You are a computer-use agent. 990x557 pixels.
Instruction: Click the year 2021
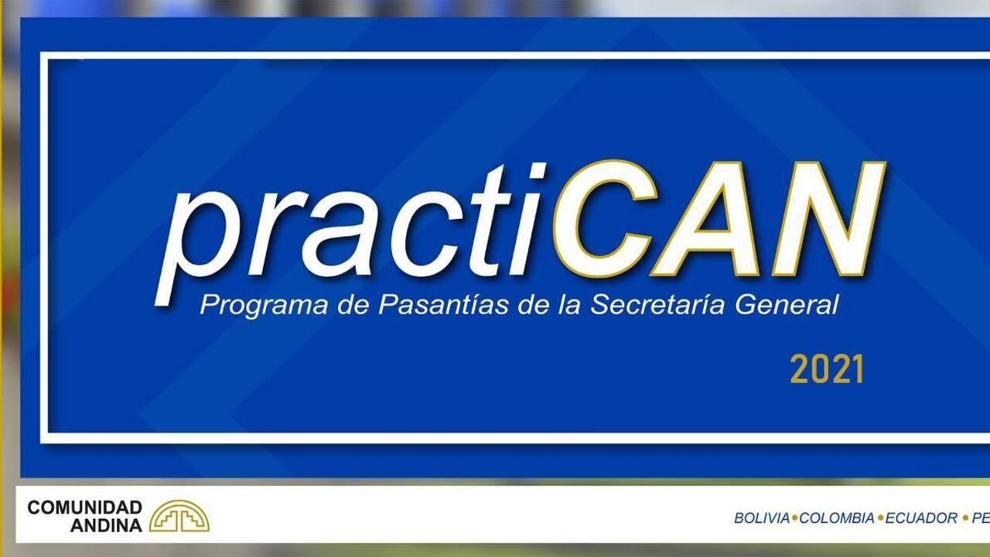[826, 371]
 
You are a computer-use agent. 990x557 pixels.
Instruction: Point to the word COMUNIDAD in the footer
[85, 507]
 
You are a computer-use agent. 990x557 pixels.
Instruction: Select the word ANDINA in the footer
[107, 525]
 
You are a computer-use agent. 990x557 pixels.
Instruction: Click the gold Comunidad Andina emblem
[179, 516]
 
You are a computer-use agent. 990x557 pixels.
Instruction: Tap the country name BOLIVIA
[761, 518]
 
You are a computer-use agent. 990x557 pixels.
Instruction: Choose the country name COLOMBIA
[837, 518]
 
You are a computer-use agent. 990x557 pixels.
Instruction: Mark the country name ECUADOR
[921, 518]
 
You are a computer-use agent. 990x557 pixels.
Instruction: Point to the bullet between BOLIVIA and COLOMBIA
[794, 518]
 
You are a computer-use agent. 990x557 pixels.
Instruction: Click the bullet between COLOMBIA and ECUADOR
[880, 518]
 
